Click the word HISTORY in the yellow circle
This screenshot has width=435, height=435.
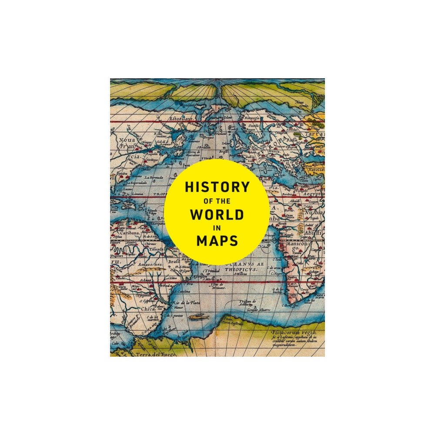tap(217, 187)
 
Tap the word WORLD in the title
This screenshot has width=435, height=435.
tap(217, 216)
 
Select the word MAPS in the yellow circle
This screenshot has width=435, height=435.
tap(217, 240)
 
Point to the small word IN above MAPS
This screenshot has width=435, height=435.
tap(217, 228)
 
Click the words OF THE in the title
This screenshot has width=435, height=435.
tap(217, 202)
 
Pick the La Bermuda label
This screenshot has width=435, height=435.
tap(154, 177)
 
